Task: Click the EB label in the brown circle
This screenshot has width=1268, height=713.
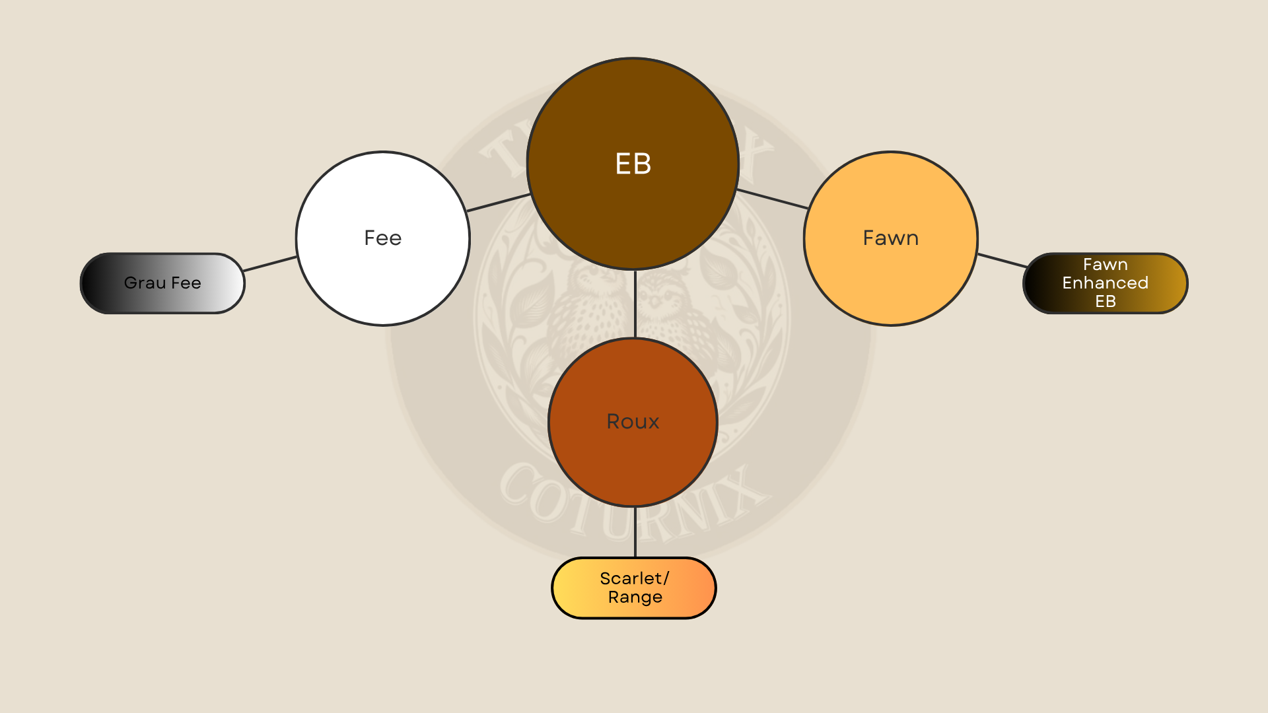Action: click(x=633, y=164)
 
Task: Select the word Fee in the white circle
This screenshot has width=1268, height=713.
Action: click(x=383, y=238)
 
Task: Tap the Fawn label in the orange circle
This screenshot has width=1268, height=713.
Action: click(x=890, y=238)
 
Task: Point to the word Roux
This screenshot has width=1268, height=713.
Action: click(x=633, y=421)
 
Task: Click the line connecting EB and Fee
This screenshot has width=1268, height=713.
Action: click(x=499, y=203)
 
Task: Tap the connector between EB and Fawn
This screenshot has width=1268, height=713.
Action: click(x=773, y=199)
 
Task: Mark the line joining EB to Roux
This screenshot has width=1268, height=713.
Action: click(x=635, y=304)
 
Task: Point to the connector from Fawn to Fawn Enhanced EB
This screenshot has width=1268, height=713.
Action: click(x=1002, y=260)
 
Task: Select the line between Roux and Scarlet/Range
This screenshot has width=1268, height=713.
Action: click(x=635, y=532)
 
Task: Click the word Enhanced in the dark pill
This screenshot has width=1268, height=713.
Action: click(x=1105, y=283)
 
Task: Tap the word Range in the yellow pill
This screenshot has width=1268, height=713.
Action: click(x=635, y=597)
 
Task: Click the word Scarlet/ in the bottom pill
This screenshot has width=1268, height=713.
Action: click(x=634, y=578)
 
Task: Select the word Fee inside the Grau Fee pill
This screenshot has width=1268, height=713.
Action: click(x=186, y=283)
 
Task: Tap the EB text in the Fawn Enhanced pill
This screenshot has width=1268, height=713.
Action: click(x=1105, y=301)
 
